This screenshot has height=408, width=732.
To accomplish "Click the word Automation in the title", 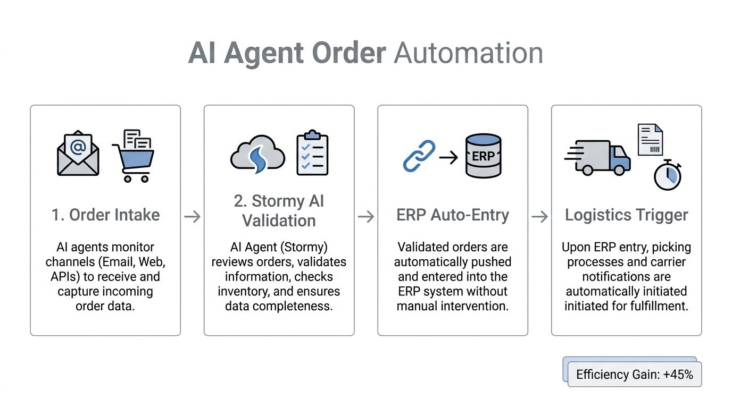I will click(468, 54).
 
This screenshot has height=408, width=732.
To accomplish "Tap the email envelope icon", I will click(78, 154).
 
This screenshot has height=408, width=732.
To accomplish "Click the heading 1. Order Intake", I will click(105, 215).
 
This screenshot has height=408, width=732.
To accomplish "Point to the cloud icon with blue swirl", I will click(257, 155).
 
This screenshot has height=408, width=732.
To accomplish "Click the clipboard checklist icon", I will click(312, 152).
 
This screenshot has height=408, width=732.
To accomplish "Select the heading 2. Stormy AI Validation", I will click(279, 211).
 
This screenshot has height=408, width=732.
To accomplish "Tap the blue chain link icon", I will click(419, 156).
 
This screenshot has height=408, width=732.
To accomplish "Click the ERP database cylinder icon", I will click(483, 155).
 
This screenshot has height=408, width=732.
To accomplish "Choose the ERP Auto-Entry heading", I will click(453, 215).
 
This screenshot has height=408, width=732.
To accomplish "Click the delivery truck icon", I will click(598, 157).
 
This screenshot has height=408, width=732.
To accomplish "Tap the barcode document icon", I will click(650, 140).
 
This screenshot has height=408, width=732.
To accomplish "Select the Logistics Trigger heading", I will click(626, 215).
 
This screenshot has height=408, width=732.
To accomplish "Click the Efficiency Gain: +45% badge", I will click(634, 374).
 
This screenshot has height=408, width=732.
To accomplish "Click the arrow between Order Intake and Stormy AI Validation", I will click(192, 216).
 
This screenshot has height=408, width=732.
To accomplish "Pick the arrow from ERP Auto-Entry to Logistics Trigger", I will click(539, 216).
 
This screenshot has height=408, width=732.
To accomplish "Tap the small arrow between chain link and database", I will click(448, 157).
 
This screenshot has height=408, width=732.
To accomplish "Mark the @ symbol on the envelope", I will click(78, 146).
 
